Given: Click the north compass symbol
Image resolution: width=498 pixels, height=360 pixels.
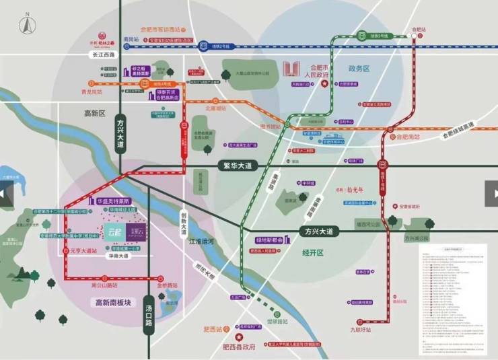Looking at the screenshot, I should (x=26, y=26).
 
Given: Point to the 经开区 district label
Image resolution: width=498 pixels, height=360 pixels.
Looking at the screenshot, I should (x=313, y=252).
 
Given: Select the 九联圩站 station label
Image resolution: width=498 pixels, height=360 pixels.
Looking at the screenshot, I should (x=360, y=329).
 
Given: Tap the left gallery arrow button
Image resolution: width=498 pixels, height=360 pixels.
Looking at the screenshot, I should (x=6, y=194).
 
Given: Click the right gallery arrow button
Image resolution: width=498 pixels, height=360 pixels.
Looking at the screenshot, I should (x=491, y=194).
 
